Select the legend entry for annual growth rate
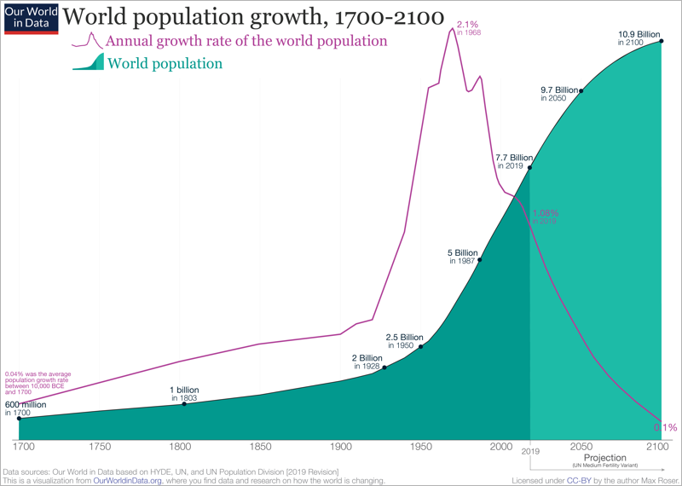tap(246, 41)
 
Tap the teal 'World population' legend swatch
tap(89, 63)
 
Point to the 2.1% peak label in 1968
tap(467, 27)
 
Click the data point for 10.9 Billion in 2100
tap(662, 42)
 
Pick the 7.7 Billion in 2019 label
tap(514, 161)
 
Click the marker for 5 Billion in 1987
tap(481, 260)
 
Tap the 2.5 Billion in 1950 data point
tap(421, 346)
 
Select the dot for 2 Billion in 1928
tap(385, 367)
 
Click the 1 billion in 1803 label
tap(184, 394)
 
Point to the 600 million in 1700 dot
tap(19, 418)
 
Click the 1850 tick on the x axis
tap(260, 447)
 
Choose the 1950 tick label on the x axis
tap(421, 447)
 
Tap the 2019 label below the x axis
tap(530, 450)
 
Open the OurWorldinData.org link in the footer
tap(127, 480)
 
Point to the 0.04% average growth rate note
tap(38, 383)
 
